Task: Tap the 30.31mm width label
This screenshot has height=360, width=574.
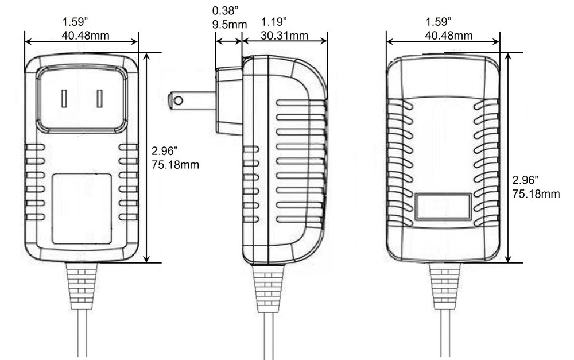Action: [285, 36]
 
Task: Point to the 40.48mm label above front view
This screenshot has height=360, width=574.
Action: [86, 36]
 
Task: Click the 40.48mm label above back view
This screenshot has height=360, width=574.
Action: [448, 36]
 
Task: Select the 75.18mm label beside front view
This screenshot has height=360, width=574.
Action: [176, 165]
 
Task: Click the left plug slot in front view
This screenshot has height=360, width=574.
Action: [64, 99]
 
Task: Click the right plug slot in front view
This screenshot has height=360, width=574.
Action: [100, 99]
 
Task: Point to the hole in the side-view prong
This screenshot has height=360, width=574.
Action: [179, 101]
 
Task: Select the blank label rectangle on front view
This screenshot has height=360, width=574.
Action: [81, 208]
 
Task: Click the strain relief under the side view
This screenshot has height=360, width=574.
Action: [269, 284]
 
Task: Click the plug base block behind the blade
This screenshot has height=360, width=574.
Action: [228, 100]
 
